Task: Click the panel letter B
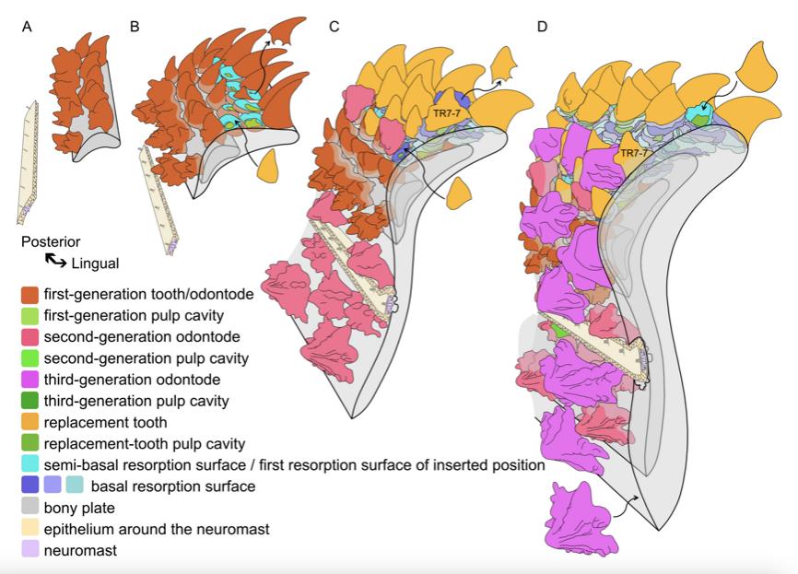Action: pos(135,26)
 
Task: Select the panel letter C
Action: pos(334,26)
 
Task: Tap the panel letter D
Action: pos(542,26)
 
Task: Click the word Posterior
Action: pos(51,242)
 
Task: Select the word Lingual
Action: pos(95,264)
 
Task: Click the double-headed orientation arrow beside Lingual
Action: pos(55,262)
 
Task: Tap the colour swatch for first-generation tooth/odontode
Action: pos(30,296)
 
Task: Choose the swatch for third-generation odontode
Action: pos(30,380)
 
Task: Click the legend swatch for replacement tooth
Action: pos(30,422)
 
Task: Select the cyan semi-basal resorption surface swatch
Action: pos(30,464)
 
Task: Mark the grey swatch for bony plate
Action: pos(30,507)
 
